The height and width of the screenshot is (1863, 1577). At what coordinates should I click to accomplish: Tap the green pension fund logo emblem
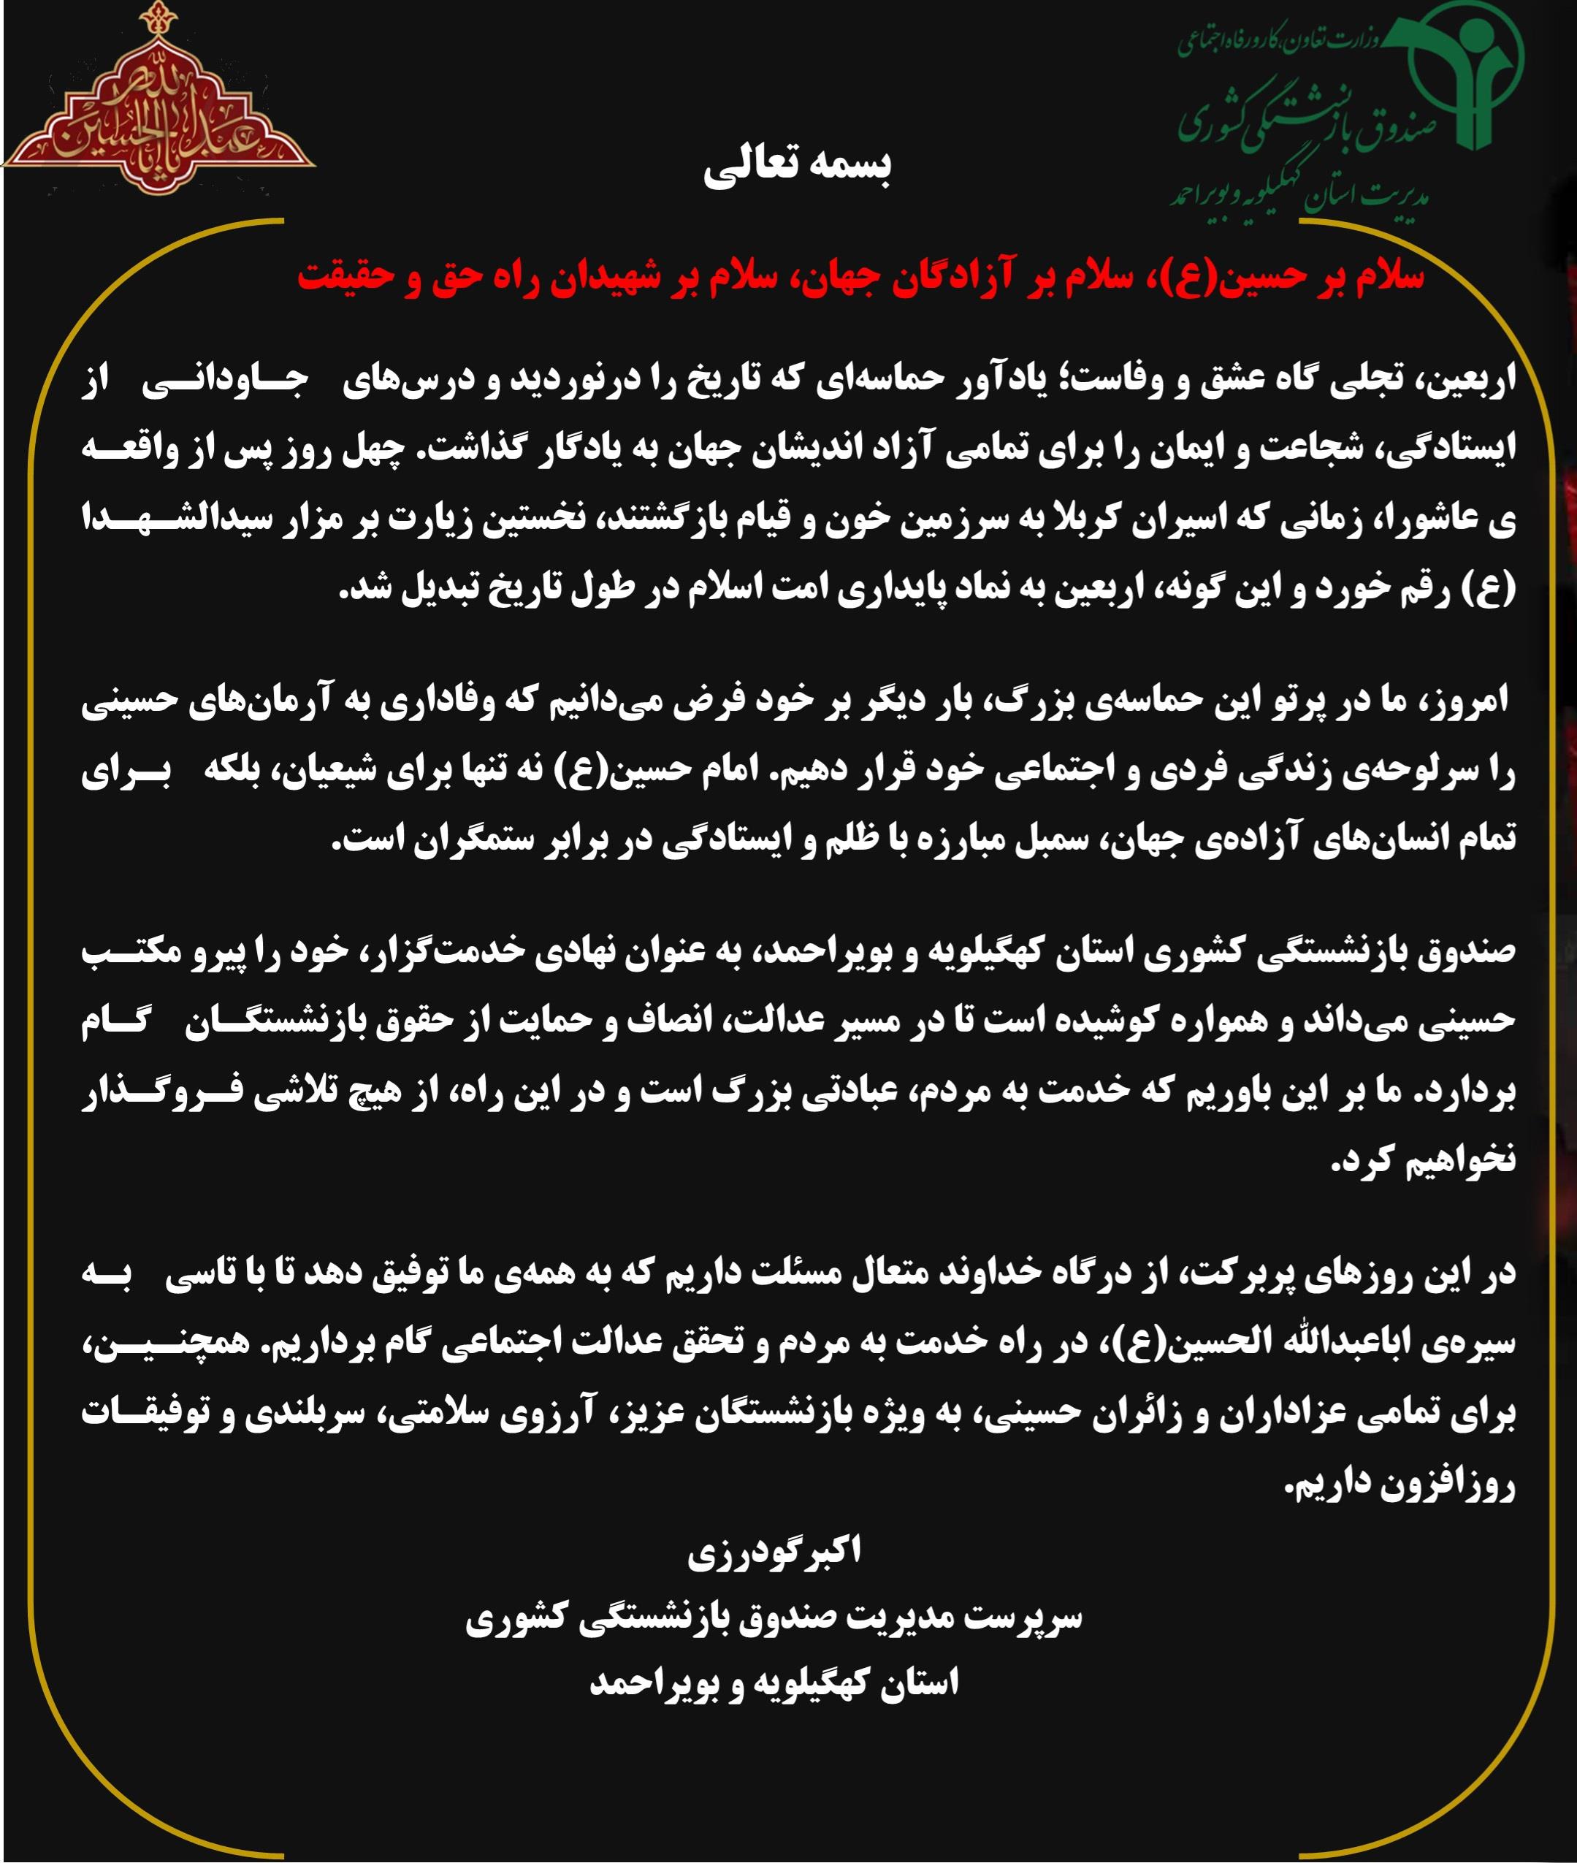[1464, 76]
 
